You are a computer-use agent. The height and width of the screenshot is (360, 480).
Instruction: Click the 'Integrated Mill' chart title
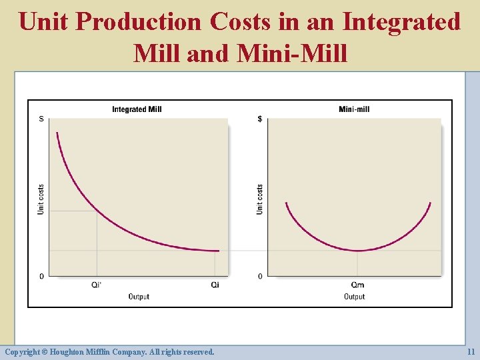point(137,109)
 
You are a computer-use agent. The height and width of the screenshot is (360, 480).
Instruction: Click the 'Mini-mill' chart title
point(354,109)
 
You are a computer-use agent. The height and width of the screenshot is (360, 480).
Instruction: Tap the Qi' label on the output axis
point(97,285)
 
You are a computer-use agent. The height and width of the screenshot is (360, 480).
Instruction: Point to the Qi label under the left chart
point(215,285)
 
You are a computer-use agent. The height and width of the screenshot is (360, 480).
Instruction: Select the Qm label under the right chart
point(358,285)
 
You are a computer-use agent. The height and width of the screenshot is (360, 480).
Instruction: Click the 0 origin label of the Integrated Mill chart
point(42,276)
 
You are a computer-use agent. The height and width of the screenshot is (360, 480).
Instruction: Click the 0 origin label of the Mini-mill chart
point(260,276)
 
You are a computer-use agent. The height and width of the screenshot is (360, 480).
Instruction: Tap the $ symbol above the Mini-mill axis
point(260,119)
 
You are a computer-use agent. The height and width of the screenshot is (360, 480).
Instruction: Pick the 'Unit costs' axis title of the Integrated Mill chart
point(41,199)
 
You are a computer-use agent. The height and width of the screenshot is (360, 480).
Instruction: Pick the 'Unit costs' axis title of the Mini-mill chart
point(259,199)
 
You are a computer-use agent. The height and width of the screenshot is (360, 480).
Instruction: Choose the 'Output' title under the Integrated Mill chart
point(139,297)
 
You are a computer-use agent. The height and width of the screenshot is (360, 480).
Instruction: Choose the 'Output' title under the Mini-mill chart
point(354,297)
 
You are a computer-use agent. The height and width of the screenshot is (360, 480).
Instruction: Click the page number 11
point(470,351)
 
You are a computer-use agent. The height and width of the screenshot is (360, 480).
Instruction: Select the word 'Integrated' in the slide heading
point(401,21)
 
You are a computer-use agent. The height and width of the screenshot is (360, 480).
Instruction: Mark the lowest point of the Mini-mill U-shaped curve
point(359,251)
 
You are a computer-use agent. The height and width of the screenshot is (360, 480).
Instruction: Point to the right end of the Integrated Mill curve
point(218,251)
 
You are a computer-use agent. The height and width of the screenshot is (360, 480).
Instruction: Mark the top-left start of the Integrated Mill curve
point(57,133)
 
